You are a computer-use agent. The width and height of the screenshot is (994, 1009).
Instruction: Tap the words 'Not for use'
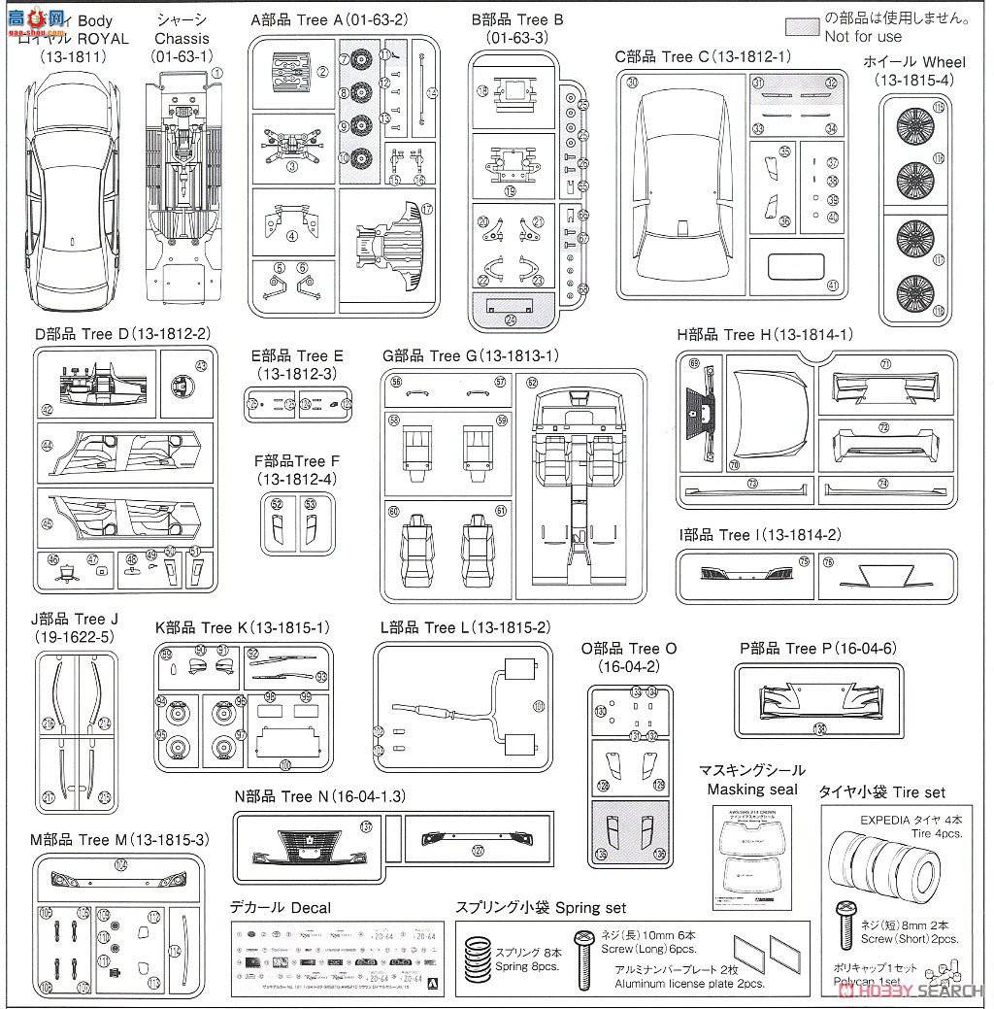[863, 36]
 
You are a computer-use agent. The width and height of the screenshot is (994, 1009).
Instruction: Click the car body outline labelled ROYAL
[71, 185]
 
